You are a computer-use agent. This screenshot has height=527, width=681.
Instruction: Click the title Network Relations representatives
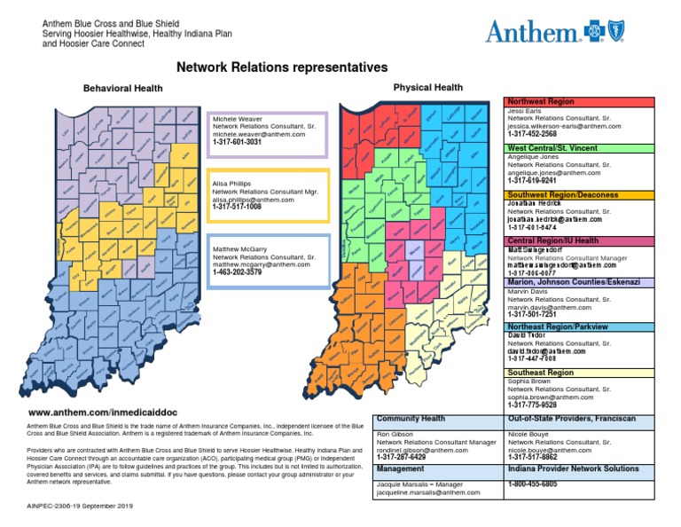pos(282,67)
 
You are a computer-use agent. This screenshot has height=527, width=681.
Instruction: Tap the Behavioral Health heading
pos(122,89)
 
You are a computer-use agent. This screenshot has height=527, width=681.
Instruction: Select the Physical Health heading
pos(428,88)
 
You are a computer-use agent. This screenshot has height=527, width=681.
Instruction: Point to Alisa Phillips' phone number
pos(237,208)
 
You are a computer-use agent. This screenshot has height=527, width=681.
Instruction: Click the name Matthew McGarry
pos(239,249)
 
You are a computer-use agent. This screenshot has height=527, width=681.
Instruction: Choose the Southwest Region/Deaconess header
pos(568,194)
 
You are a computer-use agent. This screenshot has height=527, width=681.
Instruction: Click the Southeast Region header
pos(540,374)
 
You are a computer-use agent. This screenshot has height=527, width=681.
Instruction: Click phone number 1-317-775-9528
pos(532,405)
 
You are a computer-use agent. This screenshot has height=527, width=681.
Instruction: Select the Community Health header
pos(411,418)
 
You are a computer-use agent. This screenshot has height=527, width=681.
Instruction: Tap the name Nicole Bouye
pos(529,434)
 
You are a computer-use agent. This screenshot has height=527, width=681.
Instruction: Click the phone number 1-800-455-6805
pos(532,484)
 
